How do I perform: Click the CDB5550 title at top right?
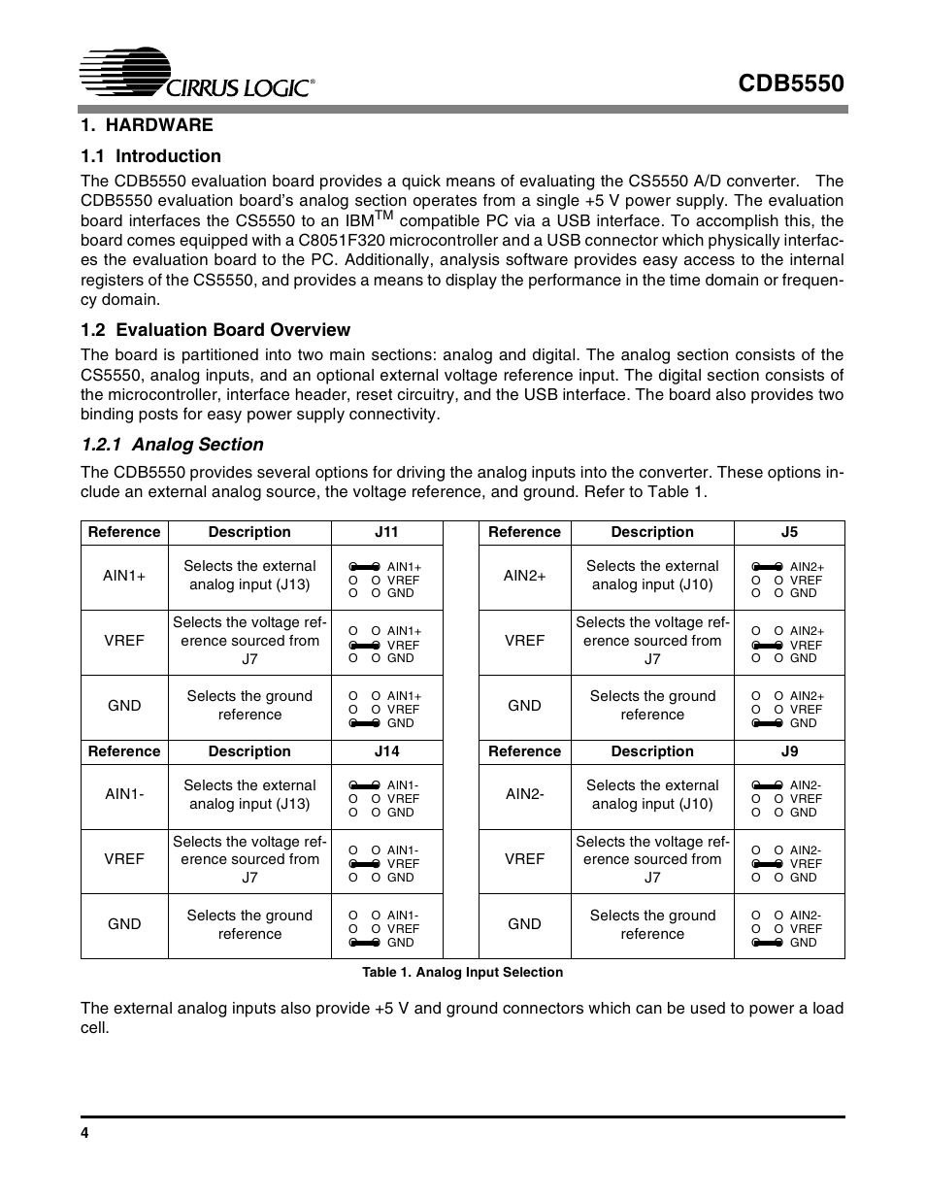790,83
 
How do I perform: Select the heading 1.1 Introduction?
150,156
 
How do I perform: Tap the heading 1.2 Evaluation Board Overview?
215,330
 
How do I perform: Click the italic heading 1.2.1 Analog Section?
172,445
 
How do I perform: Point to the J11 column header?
386,532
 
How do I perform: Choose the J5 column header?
789,532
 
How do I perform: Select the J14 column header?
386,751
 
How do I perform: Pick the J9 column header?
789,751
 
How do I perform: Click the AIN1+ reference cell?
124,576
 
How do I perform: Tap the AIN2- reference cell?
524,794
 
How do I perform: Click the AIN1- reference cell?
124,794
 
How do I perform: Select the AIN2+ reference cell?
524,576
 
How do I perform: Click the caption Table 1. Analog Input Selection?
462,972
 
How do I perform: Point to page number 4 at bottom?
85,1134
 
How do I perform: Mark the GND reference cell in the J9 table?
524,924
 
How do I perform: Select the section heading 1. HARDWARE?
147,125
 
